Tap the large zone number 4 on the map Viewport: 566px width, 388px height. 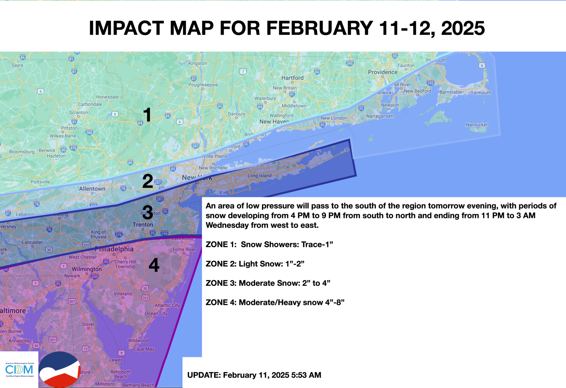click(x=154, y=265)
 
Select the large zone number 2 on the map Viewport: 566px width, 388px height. click(x=148, y=181)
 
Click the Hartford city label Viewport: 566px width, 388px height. click(x=292, y=78)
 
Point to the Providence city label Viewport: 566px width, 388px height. click(x=382, y=72)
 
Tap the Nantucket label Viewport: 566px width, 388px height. click(x=477, y=125)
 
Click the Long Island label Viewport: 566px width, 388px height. click(x=259, y=176)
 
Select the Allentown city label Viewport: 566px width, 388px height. click(x=92, y=189)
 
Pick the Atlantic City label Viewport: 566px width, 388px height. click(x=167, y=305)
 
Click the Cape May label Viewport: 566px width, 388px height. click(x=144, y=349)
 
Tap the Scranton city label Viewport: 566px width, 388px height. click(x=78, y=113)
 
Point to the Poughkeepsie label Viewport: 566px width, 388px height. click(x=203, y=85)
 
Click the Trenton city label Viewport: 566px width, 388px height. click(x=143, y=225)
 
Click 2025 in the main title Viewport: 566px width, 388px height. click(x=463, y=28)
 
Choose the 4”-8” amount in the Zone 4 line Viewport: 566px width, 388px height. click(x=335, y=302)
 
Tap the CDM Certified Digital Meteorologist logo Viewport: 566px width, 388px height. click(x=19, y=370)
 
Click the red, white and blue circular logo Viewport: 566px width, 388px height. click(x=60, y=369)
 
